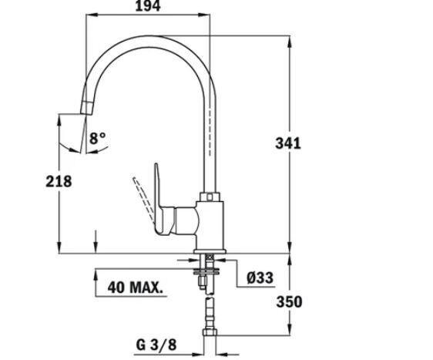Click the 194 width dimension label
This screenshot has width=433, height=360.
click(148, 6)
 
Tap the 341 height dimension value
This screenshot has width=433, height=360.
click(287, 143)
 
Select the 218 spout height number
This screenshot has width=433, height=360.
click(59, 181)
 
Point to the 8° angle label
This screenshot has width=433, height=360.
click(98, 138)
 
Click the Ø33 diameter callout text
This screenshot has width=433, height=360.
click(260, 278)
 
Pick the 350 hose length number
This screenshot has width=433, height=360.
click(289, 301)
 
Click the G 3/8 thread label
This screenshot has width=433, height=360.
click(156, 345)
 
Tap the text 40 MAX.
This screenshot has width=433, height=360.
click(136, 288)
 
